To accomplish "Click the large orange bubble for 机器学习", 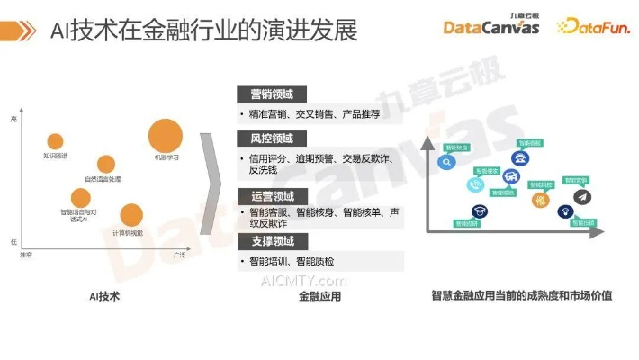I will click(166, 136).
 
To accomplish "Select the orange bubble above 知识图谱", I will click(55, 141).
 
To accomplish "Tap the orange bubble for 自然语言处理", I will click(106, 164).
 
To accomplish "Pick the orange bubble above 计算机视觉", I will click(131, 215).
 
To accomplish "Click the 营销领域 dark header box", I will click(271, 94).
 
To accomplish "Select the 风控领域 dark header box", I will click(271, 139).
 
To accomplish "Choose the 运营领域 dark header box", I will click(271, 195).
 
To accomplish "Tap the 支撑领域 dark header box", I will click(271, 241).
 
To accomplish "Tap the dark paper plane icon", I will click(582, 196).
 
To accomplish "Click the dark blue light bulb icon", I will click(564, 211).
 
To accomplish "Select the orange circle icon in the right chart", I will click(541, 201).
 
